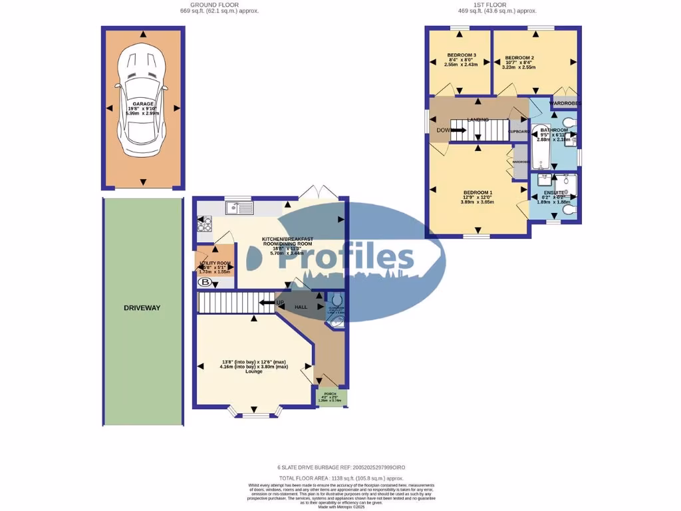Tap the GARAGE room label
tap(142, 104)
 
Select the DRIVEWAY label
tap(142, 308)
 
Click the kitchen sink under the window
tap(239, 208)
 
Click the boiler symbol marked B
tap(203, 282)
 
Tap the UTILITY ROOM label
tap(215, 263)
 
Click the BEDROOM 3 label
tap(461, 55)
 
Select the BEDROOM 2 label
tap(519, 58)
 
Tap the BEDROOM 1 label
tap(477, 191)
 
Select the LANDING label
tap(477, 120)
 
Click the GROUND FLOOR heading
tap(219, 5)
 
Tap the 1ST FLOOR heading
tap(497, 5)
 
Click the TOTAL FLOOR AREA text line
tap(340, 478)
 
